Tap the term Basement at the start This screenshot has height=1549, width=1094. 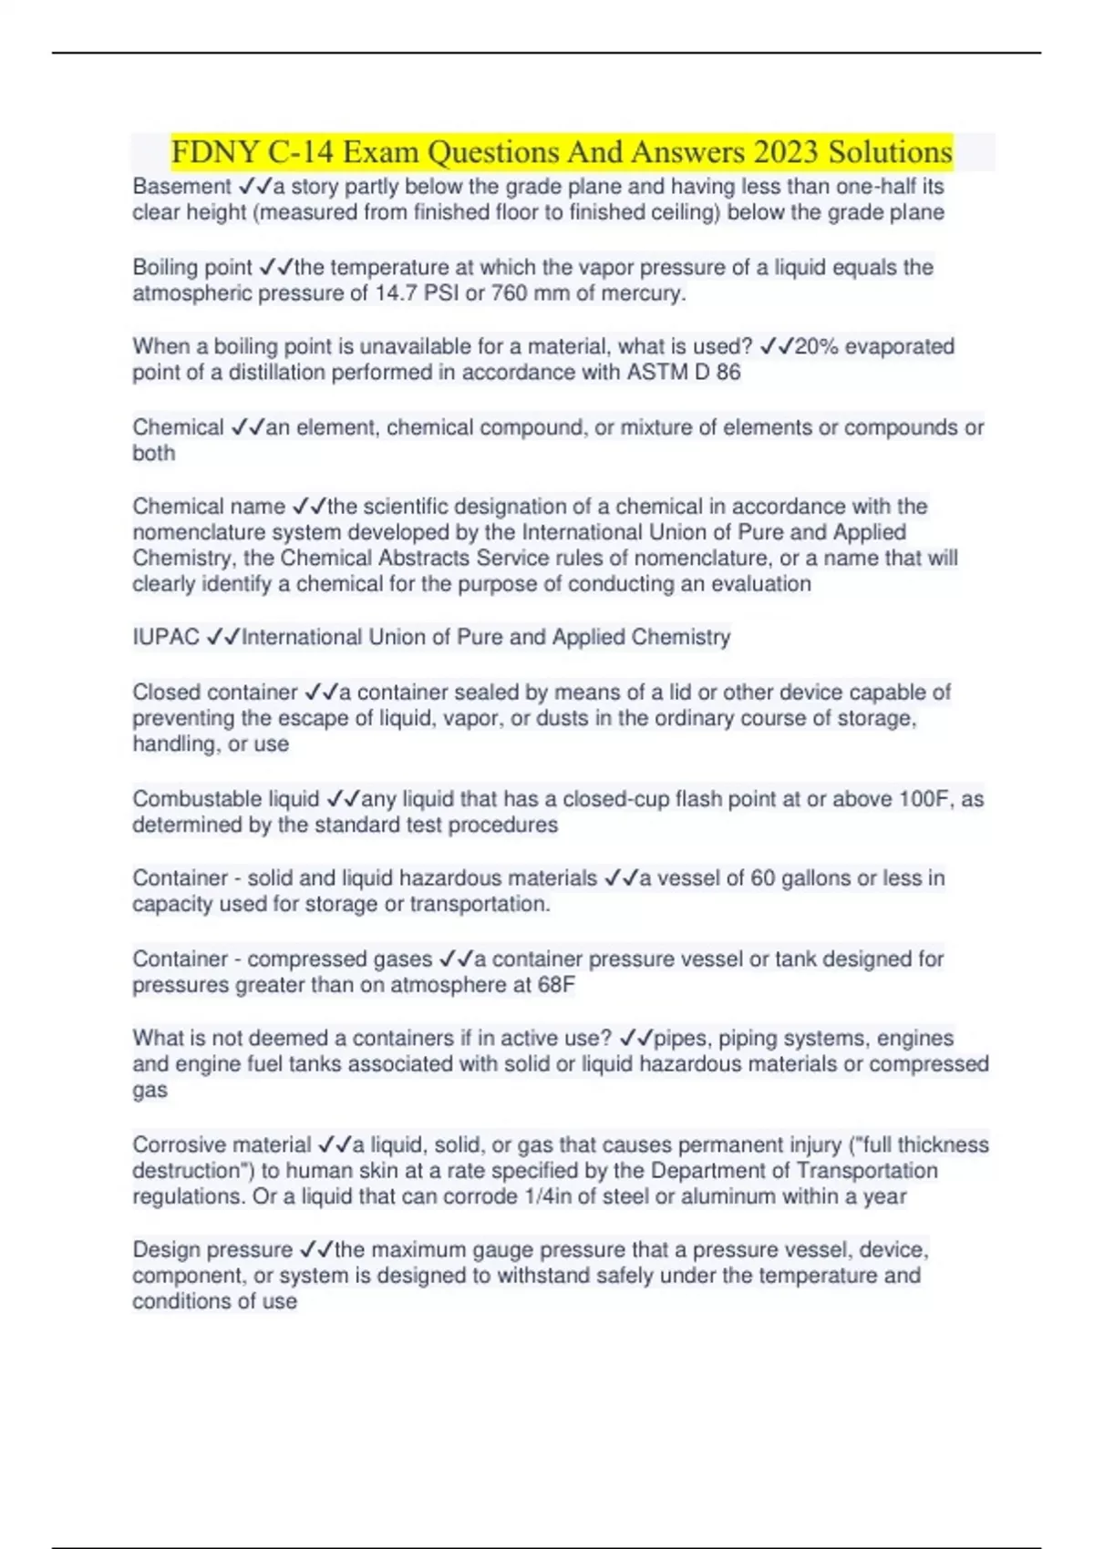coord(181,187)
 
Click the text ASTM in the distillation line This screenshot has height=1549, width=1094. coord(655,373)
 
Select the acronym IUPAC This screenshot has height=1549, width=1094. coord(165,637)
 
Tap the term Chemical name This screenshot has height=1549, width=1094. coord(209,507)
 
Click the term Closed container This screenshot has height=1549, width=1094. coord(215,692)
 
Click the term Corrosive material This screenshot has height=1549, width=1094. coord(222,1145)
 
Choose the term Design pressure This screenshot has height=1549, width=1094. coord(212,1250)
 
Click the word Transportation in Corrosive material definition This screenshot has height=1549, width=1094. coord(867,1171)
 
